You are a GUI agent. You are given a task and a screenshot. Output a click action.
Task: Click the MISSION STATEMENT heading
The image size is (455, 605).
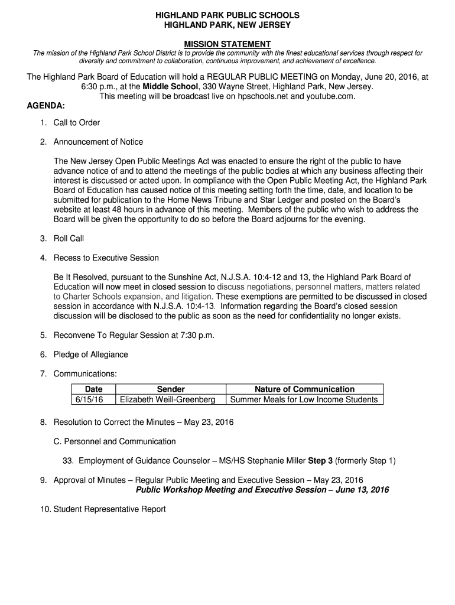pyautogui.click(x=227, y=44)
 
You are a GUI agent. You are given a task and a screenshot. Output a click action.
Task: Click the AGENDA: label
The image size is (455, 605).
pyautogui.click(x=46, y=106)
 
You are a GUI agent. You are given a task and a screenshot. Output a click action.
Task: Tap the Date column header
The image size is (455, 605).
pyautogui.click(x=93, y=389)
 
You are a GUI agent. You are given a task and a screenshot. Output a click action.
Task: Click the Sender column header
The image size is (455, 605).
pyautogui.click(x=171, y=389)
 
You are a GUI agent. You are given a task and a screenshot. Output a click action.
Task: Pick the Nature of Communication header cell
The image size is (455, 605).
pyautogui.click(x=304, y=389)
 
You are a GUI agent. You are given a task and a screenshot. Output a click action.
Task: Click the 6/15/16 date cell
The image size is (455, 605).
pyautogui.click(x=89, y=400)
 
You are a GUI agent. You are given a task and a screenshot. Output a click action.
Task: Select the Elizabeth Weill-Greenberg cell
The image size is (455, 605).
pyautogui.click(x=168, y=400)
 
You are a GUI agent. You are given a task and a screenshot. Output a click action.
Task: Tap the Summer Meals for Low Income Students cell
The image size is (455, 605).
pyautogui.click(x=304, y=400)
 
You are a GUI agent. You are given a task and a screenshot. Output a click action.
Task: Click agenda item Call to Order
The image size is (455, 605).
pyautogui.click(x=77, y=123)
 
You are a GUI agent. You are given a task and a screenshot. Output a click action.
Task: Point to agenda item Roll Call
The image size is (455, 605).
pyautogui.click(x=69, y=239)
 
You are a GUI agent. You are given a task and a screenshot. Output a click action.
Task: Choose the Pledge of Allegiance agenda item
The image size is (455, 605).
pyautogui.click(x=91, y=354)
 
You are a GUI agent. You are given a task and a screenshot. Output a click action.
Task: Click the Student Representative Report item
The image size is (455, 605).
pyautogui.click(x=110, y=509)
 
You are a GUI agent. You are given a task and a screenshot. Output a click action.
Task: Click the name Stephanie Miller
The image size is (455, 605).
pyautogui.click(x=272, y=461)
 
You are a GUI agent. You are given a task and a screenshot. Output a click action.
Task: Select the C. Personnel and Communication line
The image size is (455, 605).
pyautogui.click(x=115, y=441)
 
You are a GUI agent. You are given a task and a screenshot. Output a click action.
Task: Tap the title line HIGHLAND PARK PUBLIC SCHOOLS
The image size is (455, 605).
pyautogui.click(x=227, y=15)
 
